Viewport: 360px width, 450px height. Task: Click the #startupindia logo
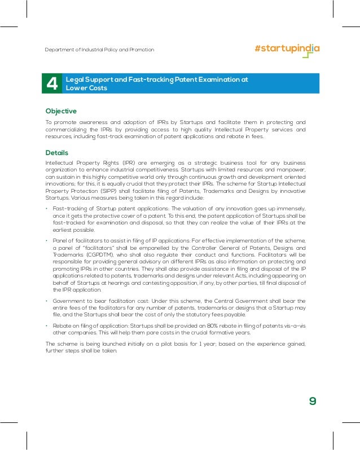coord(287,48)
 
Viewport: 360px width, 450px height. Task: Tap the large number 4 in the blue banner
coord(52,84)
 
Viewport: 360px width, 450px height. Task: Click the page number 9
coord(313,402)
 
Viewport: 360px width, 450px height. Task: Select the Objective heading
coord(61,111)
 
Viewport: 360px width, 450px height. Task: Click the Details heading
coord(57,153)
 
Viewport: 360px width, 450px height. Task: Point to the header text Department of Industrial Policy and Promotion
coord(99,50)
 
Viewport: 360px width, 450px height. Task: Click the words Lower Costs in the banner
coord(86,88)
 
